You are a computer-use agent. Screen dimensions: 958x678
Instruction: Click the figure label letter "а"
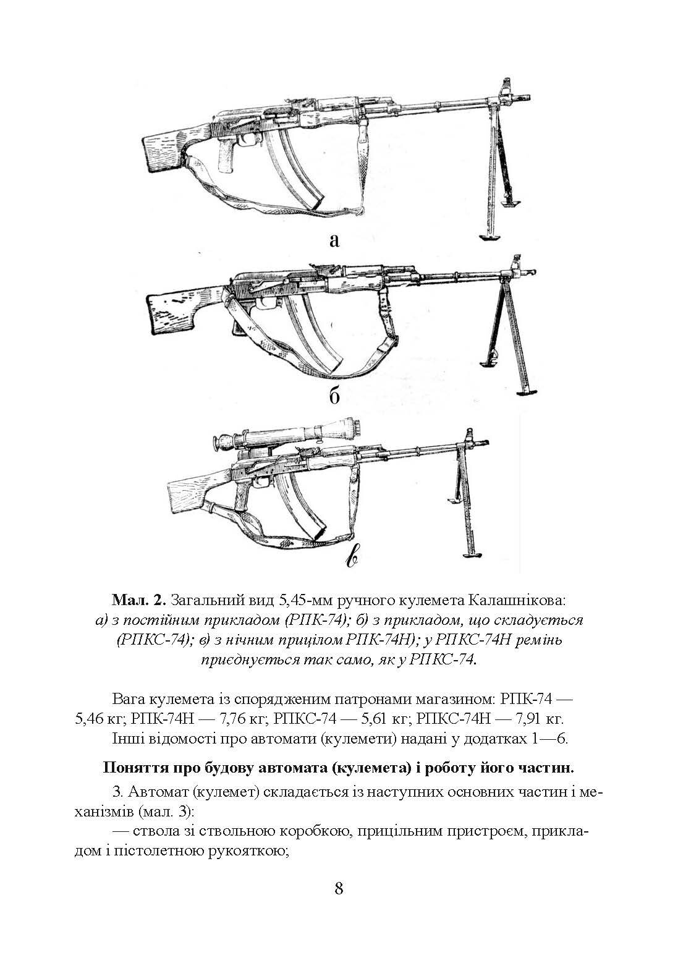[334, 240]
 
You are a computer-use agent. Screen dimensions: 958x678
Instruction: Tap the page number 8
[339, 888]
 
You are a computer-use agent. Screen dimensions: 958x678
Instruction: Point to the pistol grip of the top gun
[227, 157]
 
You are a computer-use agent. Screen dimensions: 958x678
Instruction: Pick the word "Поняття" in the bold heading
[130, 768]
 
